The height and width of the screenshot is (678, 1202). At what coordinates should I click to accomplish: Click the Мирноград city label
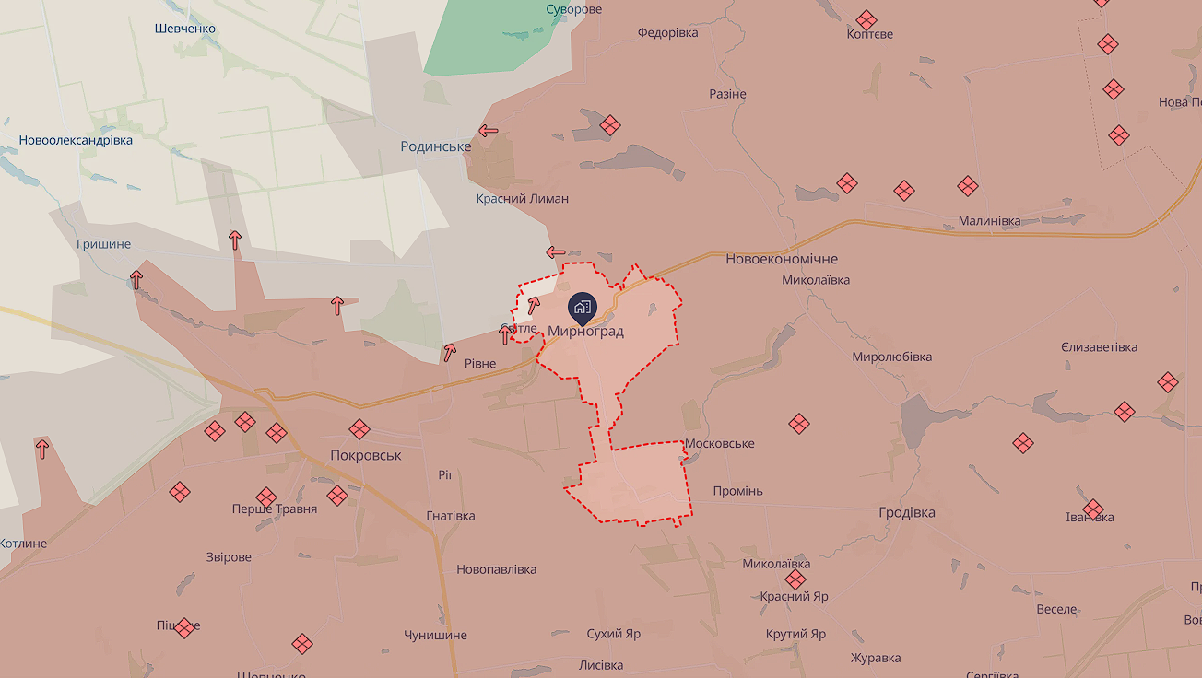coord(585,332)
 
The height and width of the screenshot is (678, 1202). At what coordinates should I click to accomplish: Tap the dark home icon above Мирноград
coord(582,307)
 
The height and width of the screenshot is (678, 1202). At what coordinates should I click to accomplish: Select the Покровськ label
coord(366,455)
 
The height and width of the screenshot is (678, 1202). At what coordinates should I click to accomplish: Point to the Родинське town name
coord(436,146)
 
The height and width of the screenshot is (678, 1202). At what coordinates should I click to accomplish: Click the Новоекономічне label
coord(782,260)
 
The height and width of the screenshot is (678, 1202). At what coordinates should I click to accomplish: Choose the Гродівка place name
coord(907,513)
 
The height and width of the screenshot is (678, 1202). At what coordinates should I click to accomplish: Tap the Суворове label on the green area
coord(573,9)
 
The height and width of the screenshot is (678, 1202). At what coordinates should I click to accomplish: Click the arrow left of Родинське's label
coord(489,131)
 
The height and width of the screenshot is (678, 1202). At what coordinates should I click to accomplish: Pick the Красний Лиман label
coord(523,199)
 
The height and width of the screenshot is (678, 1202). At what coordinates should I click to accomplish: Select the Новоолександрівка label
coord(76,141)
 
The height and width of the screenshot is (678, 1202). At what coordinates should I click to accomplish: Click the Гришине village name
coord(104,245)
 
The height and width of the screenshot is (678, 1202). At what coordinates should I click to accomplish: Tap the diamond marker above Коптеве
coord(866,19)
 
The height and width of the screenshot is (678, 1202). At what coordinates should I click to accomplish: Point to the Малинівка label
coord(990,221)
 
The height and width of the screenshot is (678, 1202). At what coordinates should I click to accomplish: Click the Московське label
coord(720,444)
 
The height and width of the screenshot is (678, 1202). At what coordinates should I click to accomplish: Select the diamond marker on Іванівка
coord(1093,508)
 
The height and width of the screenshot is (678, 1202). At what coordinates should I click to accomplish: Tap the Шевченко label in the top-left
coord(185,29)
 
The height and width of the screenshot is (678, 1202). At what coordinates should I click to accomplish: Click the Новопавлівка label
coord(496,569)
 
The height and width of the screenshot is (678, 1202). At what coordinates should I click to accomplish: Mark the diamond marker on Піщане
coord(185,628)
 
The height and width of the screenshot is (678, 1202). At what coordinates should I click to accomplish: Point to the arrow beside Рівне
coord(449,351)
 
